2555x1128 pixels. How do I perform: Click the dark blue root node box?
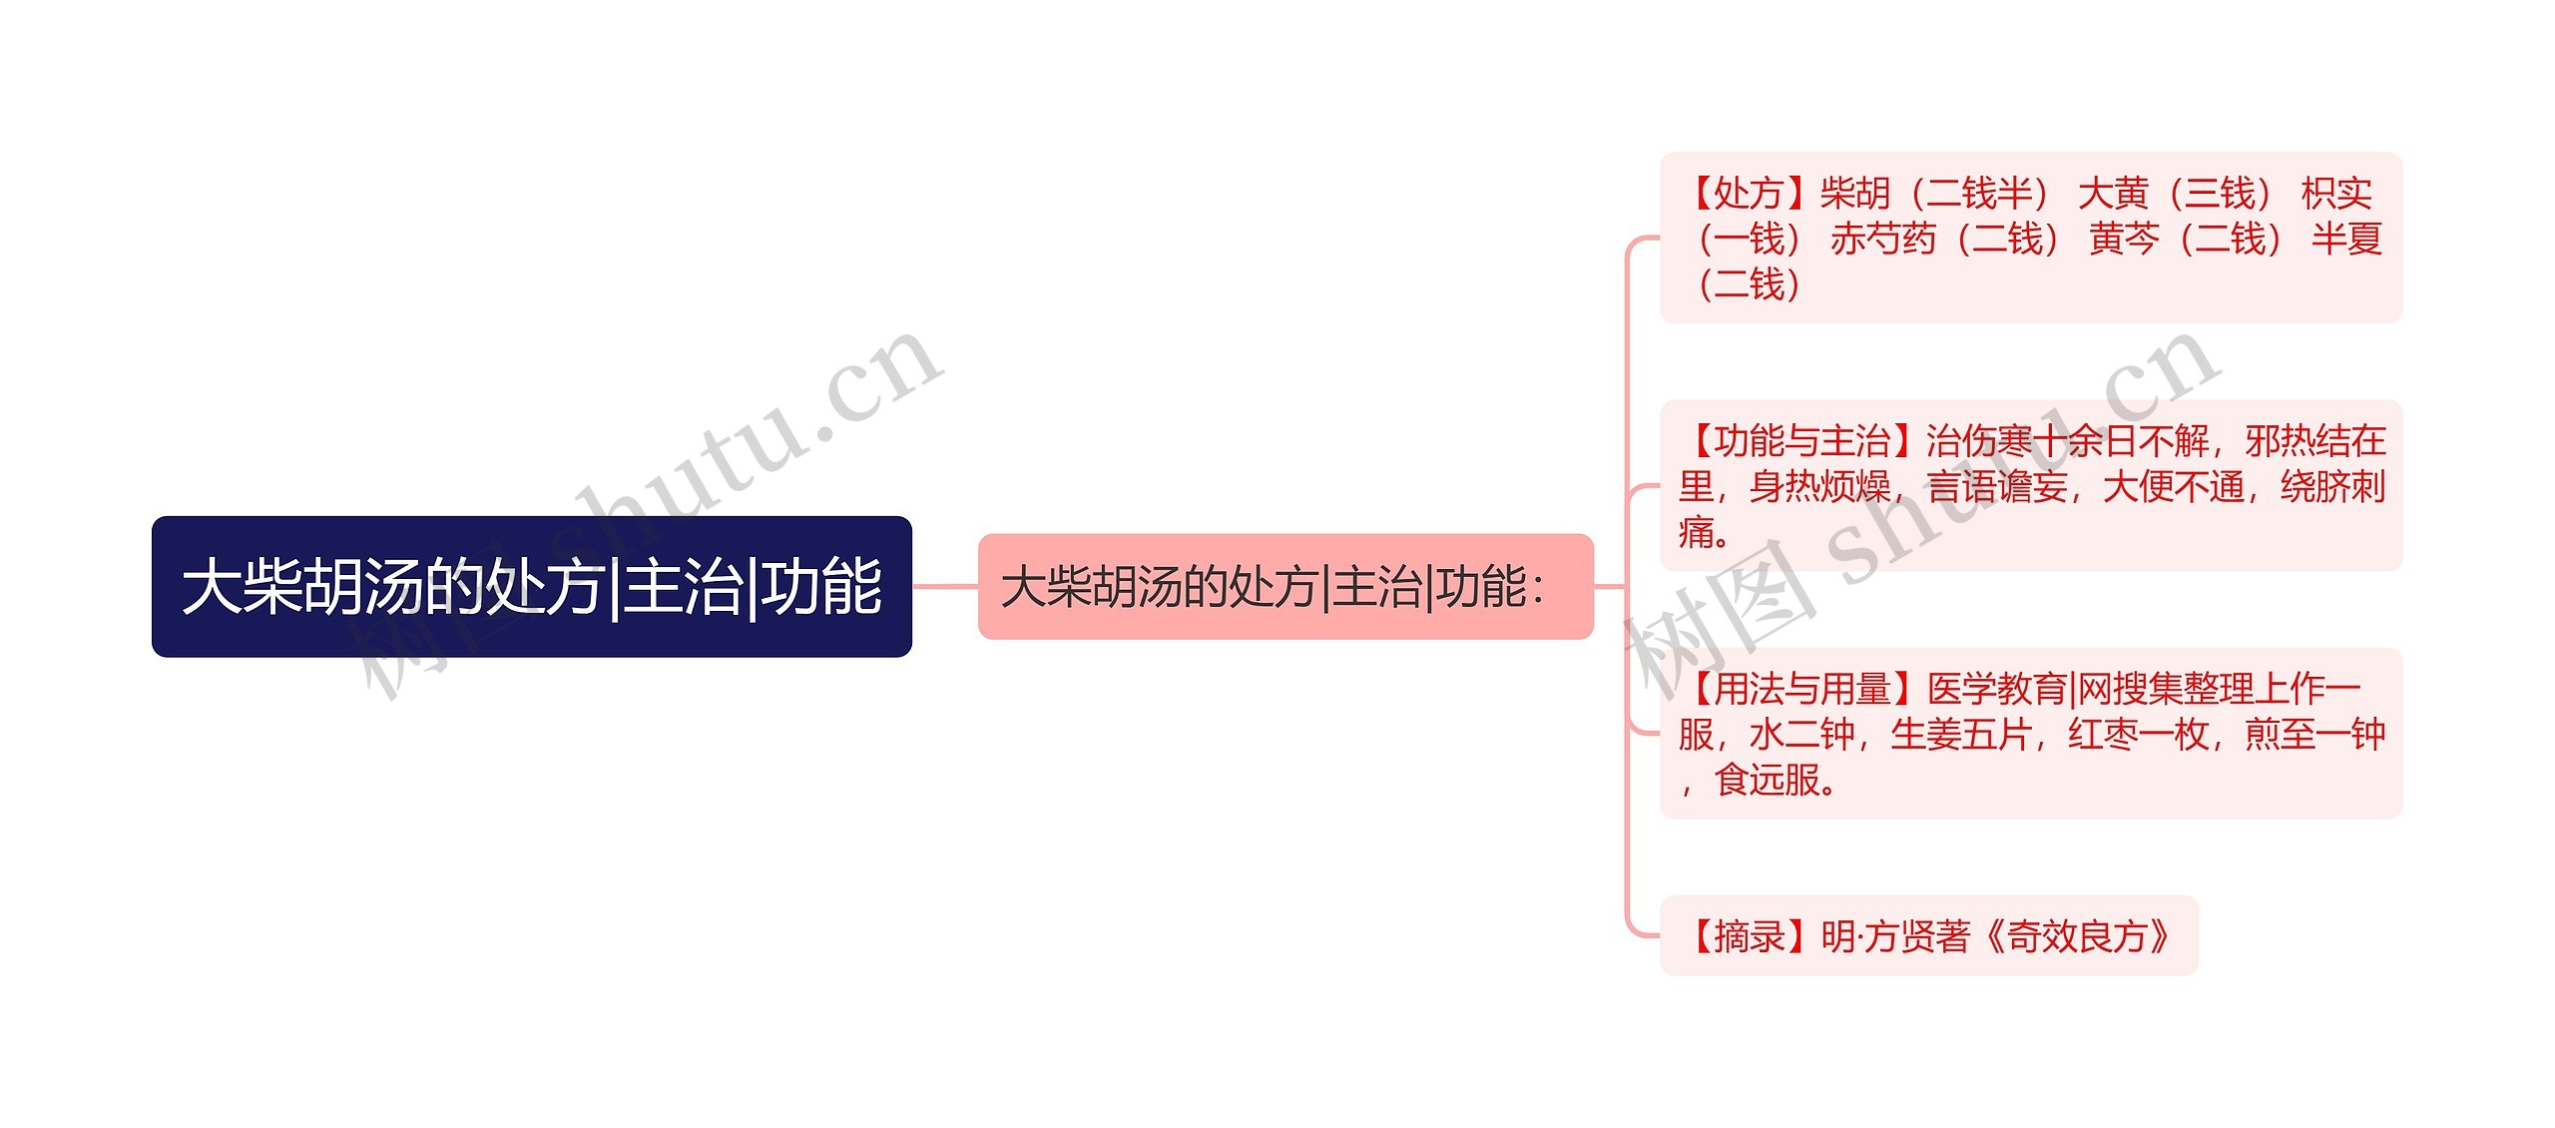[531, 586]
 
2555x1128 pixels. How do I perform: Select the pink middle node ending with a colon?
[1284, 586]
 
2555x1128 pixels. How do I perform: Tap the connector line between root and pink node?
[944, 586]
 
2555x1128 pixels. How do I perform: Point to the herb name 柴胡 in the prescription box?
[1854, 193]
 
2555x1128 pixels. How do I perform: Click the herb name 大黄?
[2113, 193]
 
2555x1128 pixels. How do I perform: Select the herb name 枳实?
[2336, 193]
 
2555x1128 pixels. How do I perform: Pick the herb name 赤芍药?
[1882, 240]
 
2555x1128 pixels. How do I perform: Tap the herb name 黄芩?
[2124, 240]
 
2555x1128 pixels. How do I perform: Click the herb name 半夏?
[2346, 240]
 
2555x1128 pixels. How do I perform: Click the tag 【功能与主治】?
[1802, 440]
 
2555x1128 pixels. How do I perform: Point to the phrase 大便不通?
[2173, 487]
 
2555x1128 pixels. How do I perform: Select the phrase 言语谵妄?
[1997, 487]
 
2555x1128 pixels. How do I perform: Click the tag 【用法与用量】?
[1802, 688]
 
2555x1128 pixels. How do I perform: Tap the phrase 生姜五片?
[1961, 735]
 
